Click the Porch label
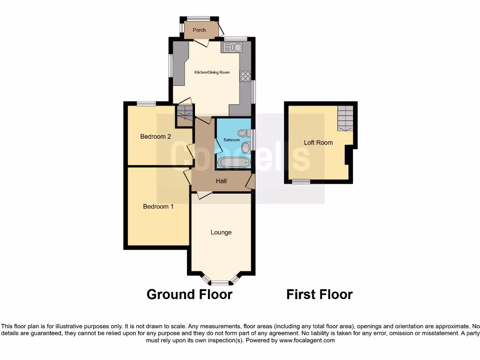pyautogui.click(x=199, y=30)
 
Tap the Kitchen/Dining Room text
pyautogui.click(x=212, y=72)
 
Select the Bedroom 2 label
pyautogui.click(x=155, y=137)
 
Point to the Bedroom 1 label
pyautogui.click(x=158, y=206)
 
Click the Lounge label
pyautogui.click(x=221, y=232)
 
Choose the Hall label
pyautogui.click(x=221, y=180)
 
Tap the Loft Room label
pyautogui.click(x=318, y=142)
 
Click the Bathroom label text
pyautogui.click(x=232, y=140)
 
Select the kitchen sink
pyautogui.click(x=232, y=47)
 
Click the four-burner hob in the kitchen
pyautogui.click(x=245, y=75)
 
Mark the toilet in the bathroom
pyautogui.click(x=242, y=133)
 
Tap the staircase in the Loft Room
pyautogui.click(x=345, y=118)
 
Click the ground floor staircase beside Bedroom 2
pyautogui.click(x=185, y=115)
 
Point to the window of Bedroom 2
pyautogui.click(x=146, y=104)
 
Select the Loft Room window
pyautogui.click(x=300, y=181)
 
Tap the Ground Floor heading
pyautogui.click(x=189, y=294)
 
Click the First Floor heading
pyautogui.click(x=319, y=294)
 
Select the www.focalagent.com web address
pyautogui.click(x=307, y=341)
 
